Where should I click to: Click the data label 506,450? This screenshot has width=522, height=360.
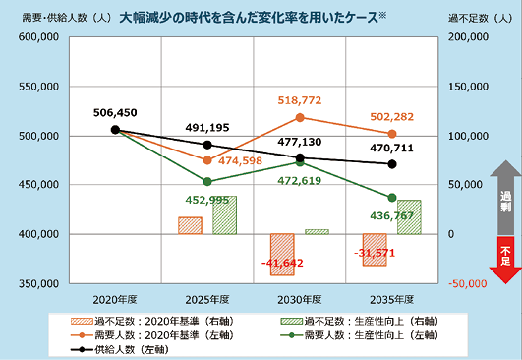[115, 113]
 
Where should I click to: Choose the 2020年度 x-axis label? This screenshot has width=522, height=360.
[115, 297]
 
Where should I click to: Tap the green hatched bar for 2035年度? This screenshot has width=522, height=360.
[409, 217]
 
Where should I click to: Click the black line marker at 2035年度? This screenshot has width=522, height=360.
[392, 164]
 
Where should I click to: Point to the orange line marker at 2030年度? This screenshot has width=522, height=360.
[300, 117]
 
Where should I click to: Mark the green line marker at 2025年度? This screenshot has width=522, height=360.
[206, 182]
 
